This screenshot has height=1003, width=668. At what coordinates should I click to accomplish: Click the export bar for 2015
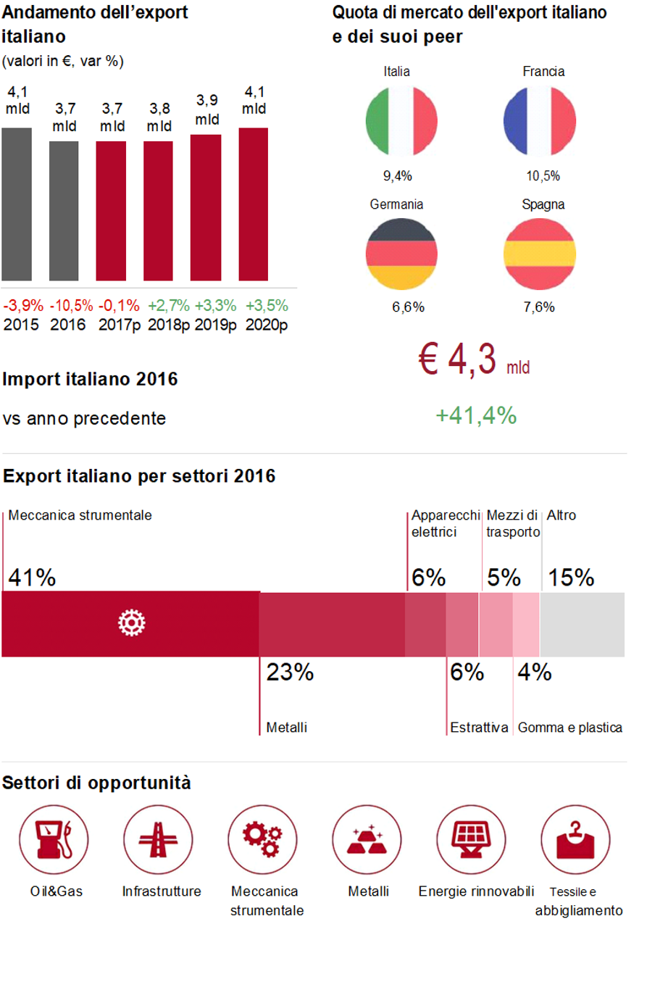[x=17, y=204]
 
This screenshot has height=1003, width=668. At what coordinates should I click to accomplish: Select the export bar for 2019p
[x=206, y=207]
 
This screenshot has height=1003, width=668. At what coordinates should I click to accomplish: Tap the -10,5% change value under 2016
[x=71, y=306]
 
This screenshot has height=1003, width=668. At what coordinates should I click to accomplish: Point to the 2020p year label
[x=267, y=325]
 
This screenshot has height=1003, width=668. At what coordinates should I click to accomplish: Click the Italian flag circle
[x=401, y=121]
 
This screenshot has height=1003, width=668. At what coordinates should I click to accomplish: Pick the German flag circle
[x=401, y=254]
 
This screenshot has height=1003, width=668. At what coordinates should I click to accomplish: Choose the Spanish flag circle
[x=540, y=254]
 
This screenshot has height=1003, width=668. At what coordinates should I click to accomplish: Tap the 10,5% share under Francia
[x=543, y=176]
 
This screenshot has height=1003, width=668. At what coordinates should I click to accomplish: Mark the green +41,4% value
[x=476, y=416]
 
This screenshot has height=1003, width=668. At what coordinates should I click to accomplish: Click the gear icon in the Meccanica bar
[x=132, y=623]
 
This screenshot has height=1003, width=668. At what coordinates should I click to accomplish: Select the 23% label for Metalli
[x=290, y=673]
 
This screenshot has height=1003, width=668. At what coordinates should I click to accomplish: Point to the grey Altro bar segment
[x=582, y=625]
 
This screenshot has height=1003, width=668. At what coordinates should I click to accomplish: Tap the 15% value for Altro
[x=571, y=578]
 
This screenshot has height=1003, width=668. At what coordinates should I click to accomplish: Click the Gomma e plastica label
[x=569, y=728]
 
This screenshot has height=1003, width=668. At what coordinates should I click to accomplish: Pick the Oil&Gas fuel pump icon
[x=54, y=840]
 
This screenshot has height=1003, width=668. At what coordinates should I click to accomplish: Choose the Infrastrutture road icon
[x=158, y=840]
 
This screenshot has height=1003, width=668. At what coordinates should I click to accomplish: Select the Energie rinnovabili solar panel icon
[x=471, y=840]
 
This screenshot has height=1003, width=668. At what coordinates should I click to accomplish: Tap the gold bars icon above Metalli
[x=367, y=840]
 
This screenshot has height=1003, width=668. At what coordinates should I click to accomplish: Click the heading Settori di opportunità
[x=96, y=783]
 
